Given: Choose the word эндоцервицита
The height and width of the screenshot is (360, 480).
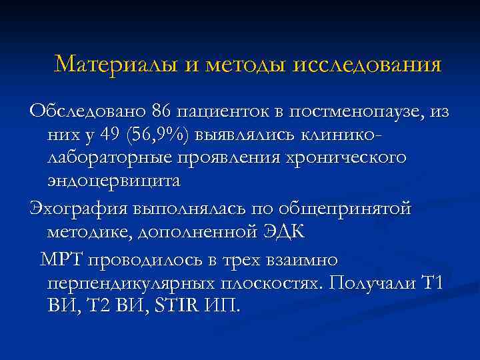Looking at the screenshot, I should (114, 181).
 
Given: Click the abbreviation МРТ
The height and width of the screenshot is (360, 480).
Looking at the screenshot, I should (61, 258).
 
